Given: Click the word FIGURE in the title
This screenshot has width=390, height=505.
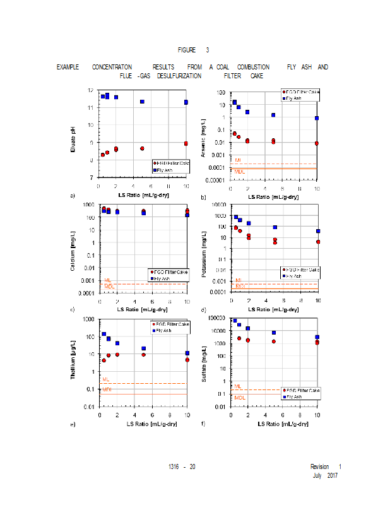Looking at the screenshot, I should tap(187, 50).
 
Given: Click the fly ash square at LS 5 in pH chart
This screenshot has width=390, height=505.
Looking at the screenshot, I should tap(142, 102).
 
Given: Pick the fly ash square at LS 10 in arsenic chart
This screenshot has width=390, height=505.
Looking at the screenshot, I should tap(317, 118).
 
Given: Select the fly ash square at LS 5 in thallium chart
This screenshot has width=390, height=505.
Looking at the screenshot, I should tap(143, 348).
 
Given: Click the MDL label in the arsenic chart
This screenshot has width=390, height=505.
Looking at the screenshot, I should tap(240, 171).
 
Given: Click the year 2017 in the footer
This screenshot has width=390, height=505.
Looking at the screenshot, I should tap(332, 475).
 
